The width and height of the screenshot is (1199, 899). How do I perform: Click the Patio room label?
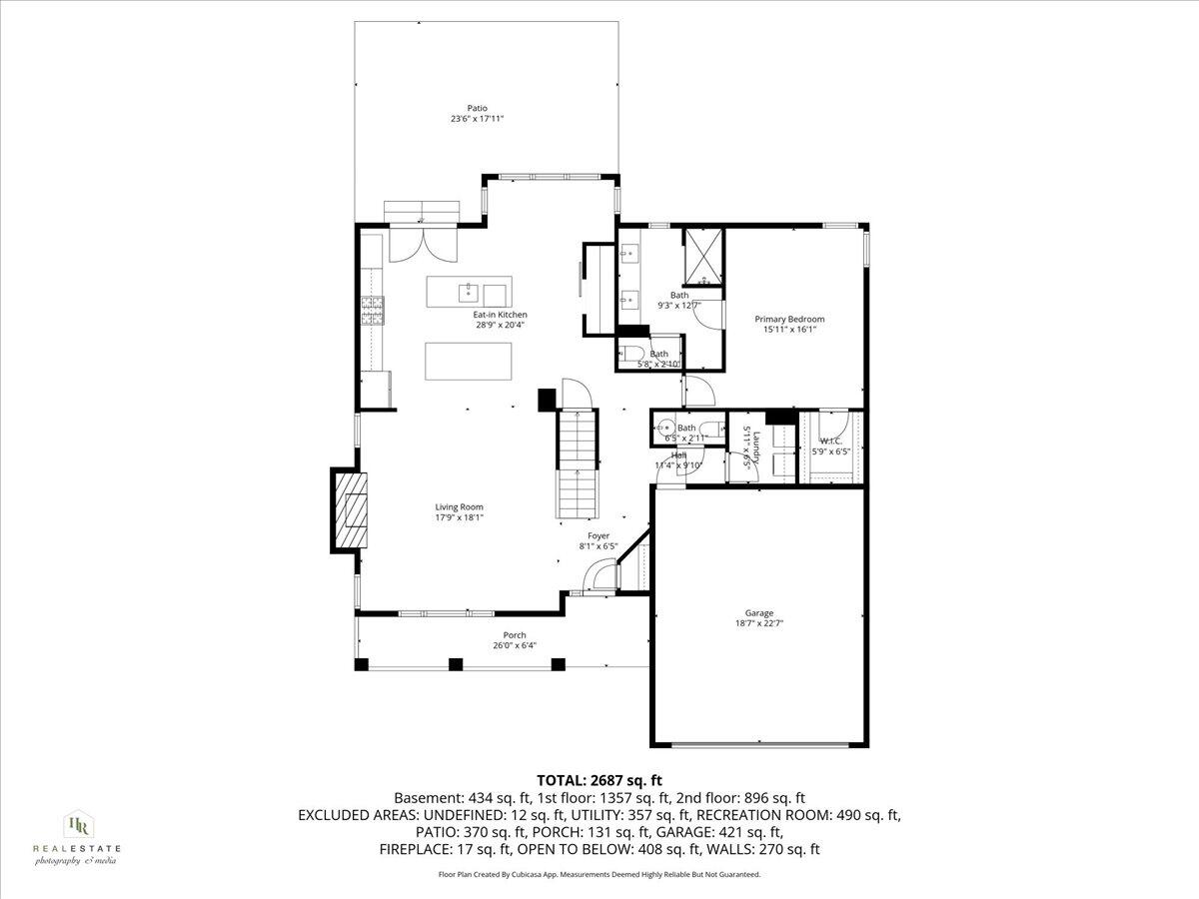click(x=477, y=108)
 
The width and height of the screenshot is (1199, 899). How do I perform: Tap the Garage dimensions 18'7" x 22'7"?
click(x=758, y=624)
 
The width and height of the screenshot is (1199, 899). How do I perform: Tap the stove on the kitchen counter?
click(x=373, y=311)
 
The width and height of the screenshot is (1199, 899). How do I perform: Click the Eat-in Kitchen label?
click(x=500, y=315)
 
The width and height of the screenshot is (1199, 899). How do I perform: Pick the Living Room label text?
click(x=459, y=507)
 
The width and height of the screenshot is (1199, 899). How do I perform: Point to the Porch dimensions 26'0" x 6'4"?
click(x=515, y=645)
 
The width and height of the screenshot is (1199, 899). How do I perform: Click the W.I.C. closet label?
click(x=831, y=441)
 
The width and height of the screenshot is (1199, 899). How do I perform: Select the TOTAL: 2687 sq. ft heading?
click(x=599, y=780)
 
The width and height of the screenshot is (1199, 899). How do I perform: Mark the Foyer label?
click(x=599, y=536)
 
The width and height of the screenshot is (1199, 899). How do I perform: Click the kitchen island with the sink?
click(x=469, y=292)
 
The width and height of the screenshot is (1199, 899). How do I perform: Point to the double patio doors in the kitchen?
click(x=422, y=243)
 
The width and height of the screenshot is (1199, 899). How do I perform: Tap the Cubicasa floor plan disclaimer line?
click(x=599, y=874)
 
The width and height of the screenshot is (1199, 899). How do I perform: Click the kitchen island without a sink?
click(x=469, y=358)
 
